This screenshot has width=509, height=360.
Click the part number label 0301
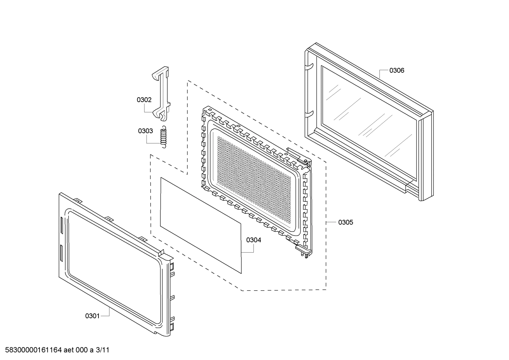point(92,316)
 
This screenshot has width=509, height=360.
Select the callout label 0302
point(144,100)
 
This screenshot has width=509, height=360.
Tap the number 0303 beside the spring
point(145,131)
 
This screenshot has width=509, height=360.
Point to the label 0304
point(253,240)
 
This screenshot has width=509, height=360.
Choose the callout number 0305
point(345,222)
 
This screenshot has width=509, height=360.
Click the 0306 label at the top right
point(397,70)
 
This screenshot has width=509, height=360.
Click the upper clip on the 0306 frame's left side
point(309,65)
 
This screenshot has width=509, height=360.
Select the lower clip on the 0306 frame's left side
point(309,113)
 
